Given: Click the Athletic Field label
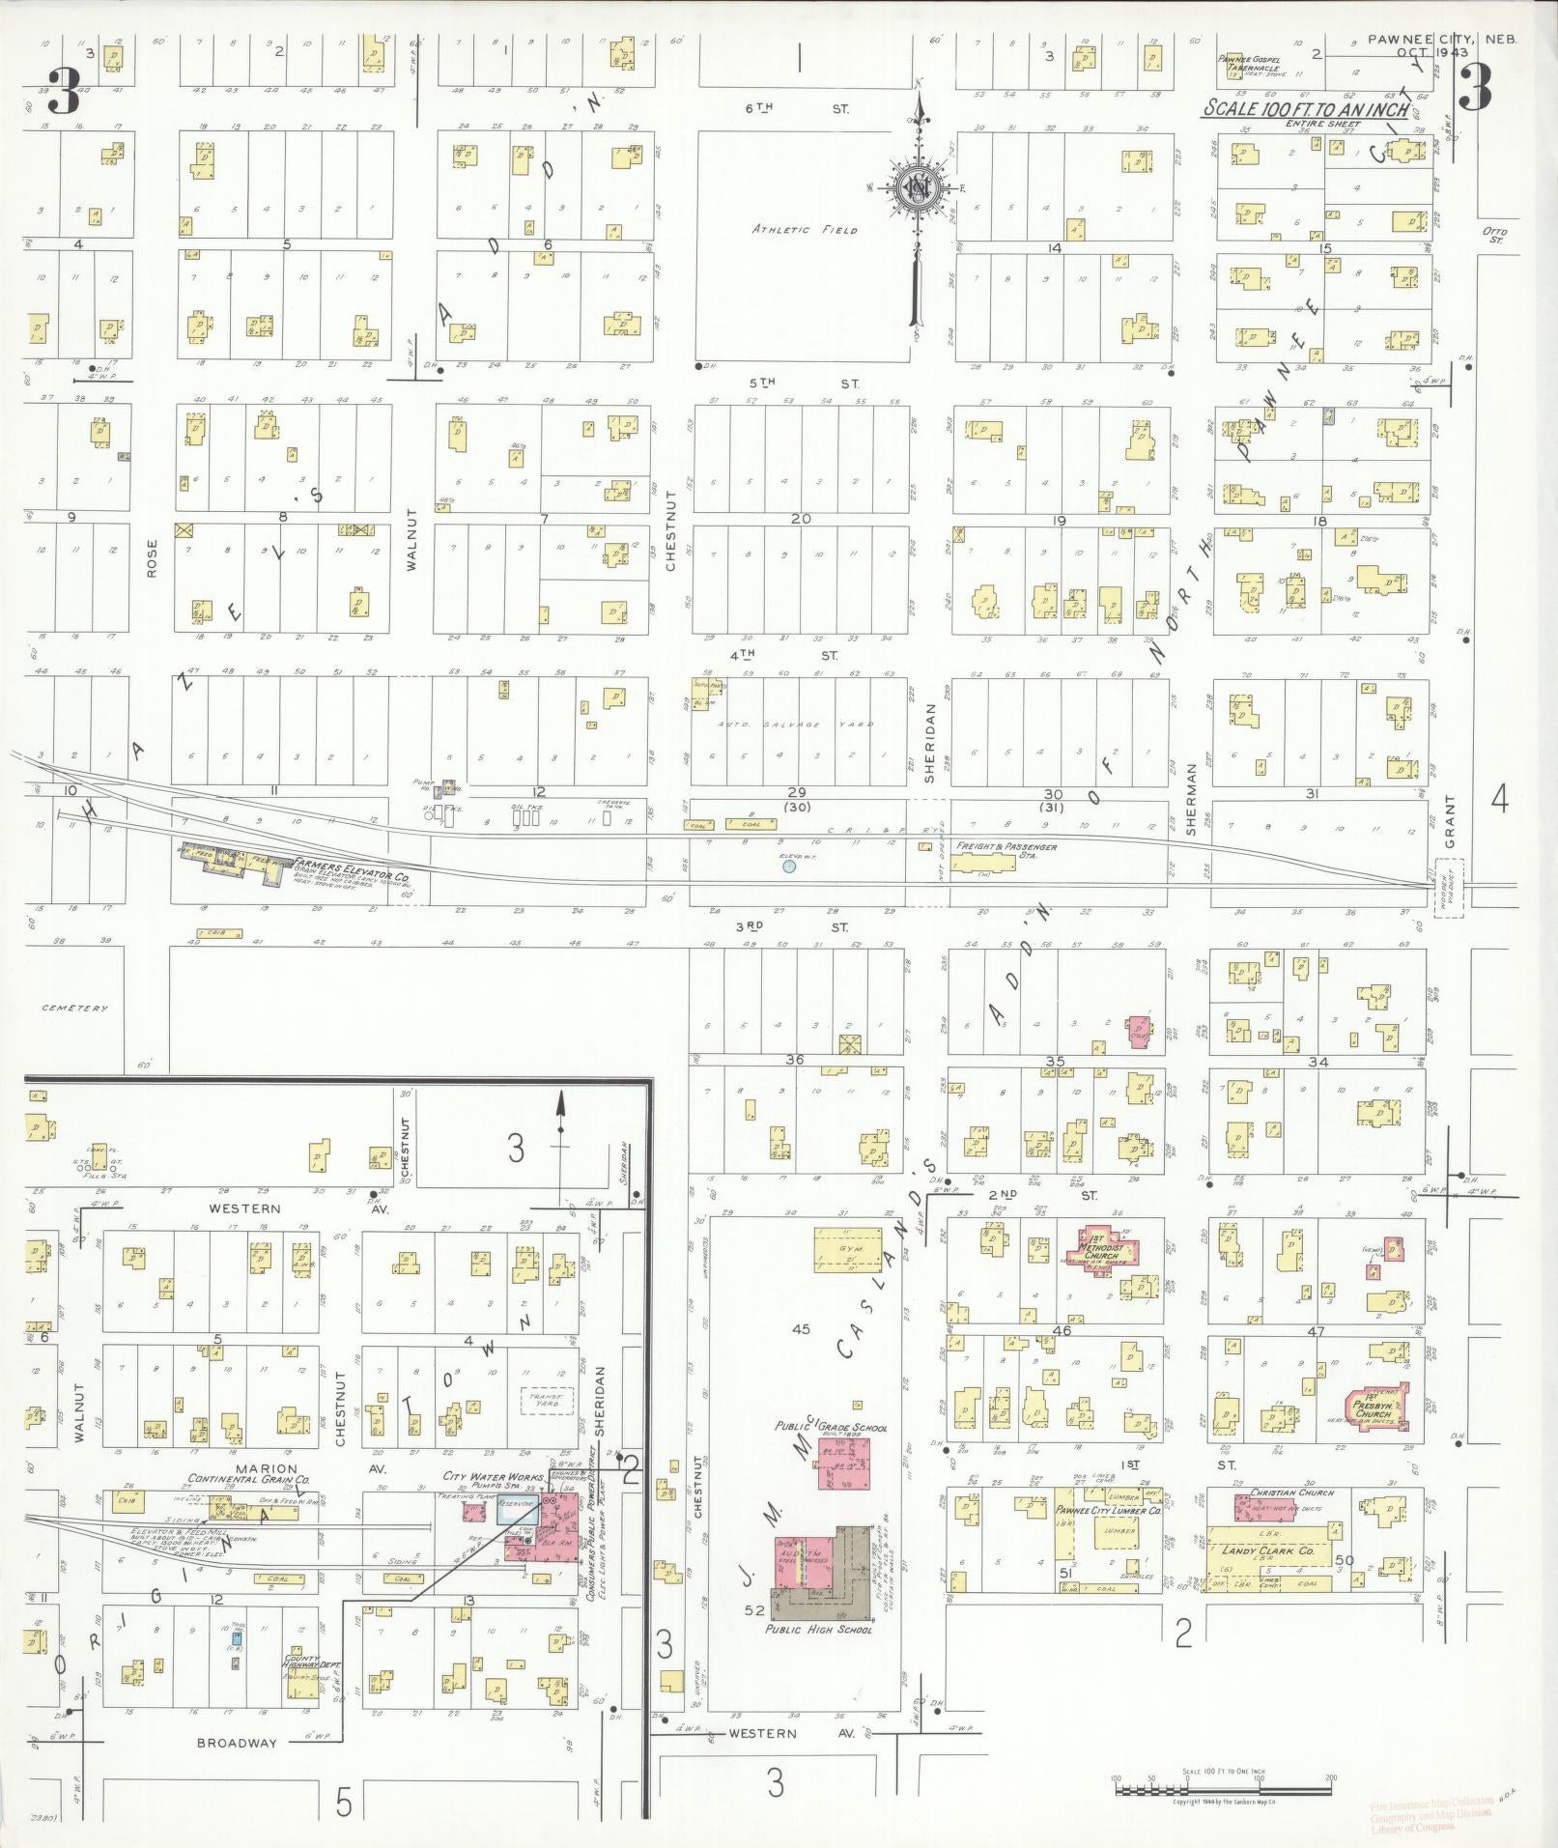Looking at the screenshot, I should click(x=805, y=230).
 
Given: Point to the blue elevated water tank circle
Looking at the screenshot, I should click(x=789, y=867).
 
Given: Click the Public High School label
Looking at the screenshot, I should click(x=818, y=1629).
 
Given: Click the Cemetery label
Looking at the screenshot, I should click(x=74, y=1008).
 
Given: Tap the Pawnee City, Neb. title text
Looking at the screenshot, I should click(x=1442, y=40).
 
